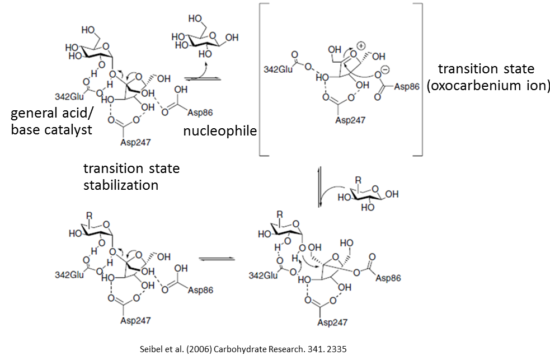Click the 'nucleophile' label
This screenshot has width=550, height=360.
point(220,131)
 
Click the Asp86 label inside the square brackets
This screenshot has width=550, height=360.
point(407,87)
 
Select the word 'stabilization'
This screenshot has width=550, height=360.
point(120,185)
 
